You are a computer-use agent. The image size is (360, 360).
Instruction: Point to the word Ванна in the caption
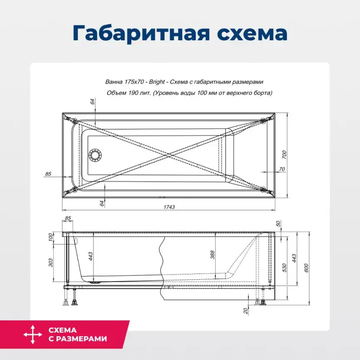(x=115, y=82)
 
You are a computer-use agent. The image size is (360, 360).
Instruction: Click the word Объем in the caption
(x=116, y=93)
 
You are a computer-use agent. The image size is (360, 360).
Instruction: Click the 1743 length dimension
(x=169, y=207)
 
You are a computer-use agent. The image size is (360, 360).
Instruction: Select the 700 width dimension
(x=284, y=154)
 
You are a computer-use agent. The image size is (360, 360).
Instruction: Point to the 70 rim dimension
(x=282, y=169)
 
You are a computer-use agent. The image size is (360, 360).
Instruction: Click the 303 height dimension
(x=51, y=263)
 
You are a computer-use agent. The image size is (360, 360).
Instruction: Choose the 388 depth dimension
(x=212, y=255)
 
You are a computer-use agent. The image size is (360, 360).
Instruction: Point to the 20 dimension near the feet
(x=246, y=310)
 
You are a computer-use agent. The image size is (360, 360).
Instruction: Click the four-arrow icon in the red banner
(x=32, y=334)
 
